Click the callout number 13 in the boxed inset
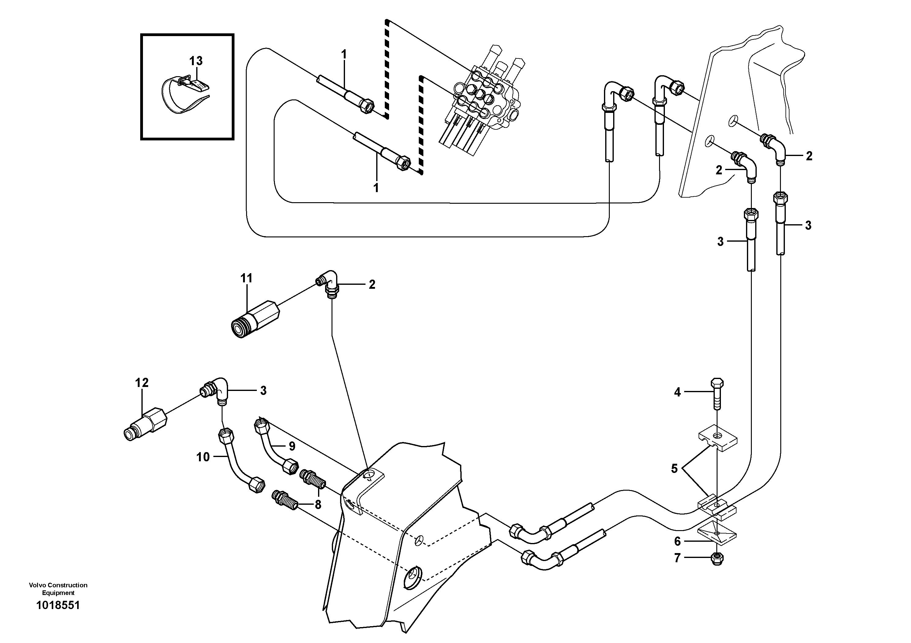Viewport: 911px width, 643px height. coord(196,61)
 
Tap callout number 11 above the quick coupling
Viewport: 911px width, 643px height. coord(246,279)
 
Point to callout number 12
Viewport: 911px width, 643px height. coord(142,383)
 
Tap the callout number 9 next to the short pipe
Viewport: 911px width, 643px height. coord(292,446)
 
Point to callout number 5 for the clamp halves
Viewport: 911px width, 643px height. coord(674,469)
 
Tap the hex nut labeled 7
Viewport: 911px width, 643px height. coord(717,559)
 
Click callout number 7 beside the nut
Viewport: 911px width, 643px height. coord(677,558)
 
